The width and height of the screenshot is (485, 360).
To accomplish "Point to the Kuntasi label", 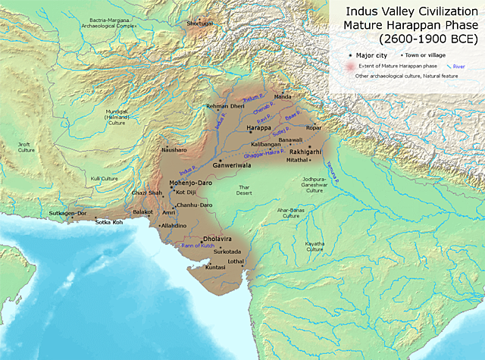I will point(215,268).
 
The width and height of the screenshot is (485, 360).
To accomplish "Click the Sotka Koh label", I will point(108,222).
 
